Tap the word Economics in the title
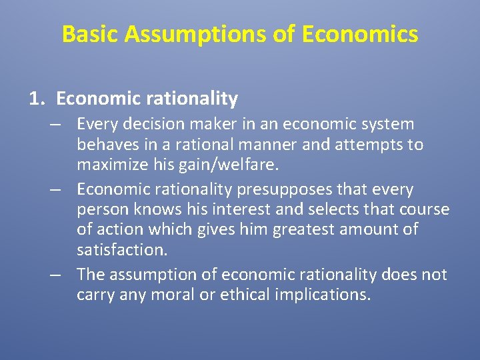click(x=360, y=34)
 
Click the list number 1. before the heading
click(x=37, y=99)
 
